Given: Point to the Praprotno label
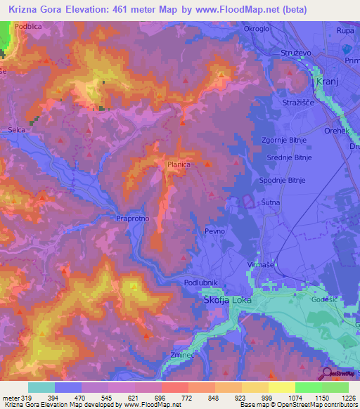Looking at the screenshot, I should [133, 219].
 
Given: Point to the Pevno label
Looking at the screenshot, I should [215, 231].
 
